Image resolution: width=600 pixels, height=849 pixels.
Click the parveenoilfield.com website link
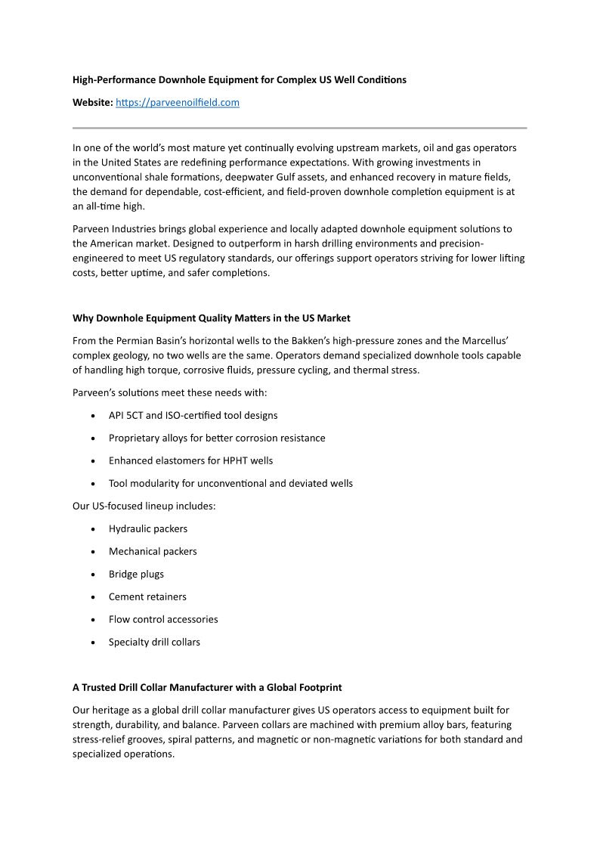[177, 103]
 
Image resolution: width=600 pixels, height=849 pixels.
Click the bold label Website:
[92, 103]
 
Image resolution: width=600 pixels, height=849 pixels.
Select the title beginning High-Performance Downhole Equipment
[239, 79]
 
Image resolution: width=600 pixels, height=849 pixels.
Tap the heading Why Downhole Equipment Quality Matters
[211, 318]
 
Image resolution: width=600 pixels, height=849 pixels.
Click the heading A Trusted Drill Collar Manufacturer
[207, 687]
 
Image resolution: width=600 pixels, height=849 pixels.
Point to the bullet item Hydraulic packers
[147, 529]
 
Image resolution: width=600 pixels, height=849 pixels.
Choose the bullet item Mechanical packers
[152, 552]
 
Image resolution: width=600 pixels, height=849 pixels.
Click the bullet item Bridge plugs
[136, 575]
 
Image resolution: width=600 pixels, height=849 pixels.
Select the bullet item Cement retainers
[147, 597]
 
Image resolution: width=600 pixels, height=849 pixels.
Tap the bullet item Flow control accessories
[162, 620]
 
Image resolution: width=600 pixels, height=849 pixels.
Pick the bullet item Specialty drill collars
[154, 643]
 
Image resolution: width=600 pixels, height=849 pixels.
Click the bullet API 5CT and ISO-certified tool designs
[193, 416]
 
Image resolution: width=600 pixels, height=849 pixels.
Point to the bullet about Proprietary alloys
[216, 438]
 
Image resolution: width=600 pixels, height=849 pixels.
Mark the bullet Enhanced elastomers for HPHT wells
[190, 461]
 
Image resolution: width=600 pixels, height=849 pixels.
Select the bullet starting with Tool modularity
[230, 484]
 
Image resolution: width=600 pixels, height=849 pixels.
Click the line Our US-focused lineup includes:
[144, 507]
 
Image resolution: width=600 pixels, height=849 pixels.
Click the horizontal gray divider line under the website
[299, 128]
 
